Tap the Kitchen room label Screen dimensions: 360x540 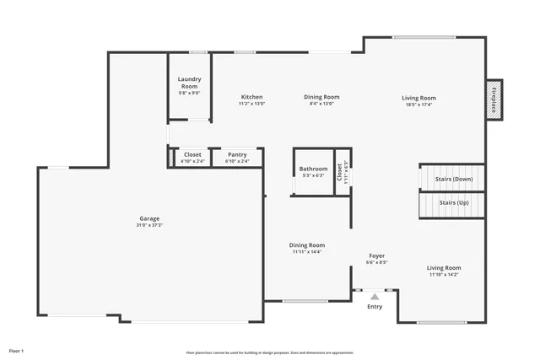click(x=251, y=97)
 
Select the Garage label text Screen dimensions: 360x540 click(x=148, y=218)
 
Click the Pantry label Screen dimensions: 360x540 click(x=237, y=155)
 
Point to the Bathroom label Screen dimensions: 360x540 click(x=313, y=169)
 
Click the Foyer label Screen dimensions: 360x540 click(x=376, y=255)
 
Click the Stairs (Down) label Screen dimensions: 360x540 click(x=453, y=179)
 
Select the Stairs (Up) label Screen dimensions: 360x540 click(x=453, y=202)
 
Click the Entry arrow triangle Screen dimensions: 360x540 click(x=375, y=296)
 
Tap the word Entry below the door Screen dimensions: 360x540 click(x=375, y=307)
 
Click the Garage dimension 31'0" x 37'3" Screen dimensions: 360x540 click(x=148, y=225)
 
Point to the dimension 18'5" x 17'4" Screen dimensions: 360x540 click(x=418, y=105)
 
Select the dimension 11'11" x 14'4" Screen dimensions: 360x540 click(x=306, y=251)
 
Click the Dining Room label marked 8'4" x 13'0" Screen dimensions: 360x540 click(x=321, y=97)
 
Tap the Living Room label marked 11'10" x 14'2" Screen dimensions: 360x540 click(x=443, y=267)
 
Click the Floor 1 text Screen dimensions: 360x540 click(x=17, y=350)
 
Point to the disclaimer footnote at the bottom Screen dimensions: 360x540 click(x=270, y=352)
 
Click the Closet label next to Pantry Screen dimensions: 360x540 click(x=193, y=155)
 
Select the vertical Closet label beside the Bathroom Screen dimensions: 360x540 click(x=340, y=172)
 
